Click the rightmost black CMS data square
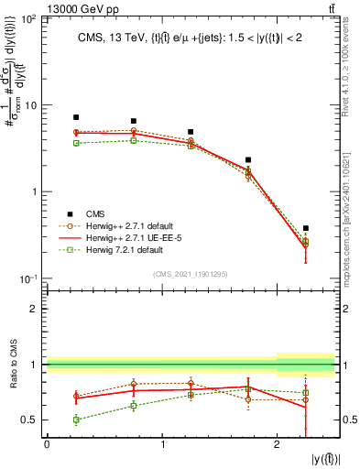tap(306, 228)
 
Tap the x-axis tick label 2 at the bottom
tap(278, 444)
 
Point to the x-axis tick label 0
tap(47, 444)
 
